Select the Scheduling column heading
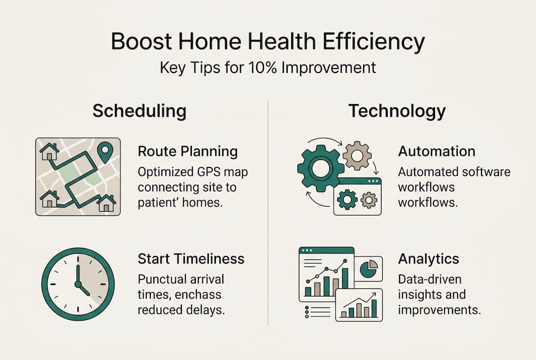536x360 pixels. pos(139,111)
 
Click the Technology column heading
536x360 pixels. pos(397,111)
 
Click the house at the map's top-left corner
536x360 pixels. pos(49,151)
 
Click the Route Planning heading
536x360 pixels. pos(188,151)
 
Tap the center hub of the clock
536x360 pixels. pos(78,284)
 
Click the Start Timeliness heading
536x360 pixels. pos(191,258)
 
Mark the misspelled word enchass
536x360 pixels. pos(198,294)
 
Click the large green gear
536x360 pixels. pos(320,168)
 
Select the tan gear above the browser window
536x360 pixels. pos(357,155)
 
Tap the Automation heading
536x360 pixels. pos(437,151)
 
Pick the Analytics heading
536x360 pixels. pos(428,258)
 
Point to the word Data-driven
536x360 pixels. pos(430,278)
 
